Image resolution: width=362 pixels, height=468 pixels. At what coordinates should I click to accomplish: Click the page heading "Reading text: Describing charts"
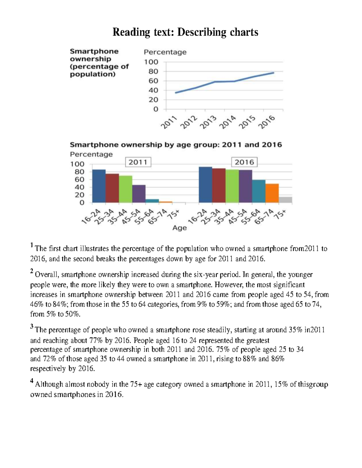[x=185, y=32]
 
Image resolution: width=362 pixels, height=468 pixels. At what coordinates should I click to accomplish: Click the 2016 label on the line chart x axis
[x=268, y=122]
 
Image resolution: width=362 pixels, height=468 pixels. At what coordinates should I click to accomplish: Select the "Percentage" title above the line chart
[x=165, y=52]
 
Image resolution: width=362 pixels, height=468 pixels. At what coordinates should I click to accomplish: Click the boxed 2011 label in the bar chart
[x=138, y=162]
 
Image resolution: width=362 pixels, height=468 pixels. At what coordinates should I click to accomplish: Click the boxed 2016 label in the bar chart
[x=244, y=162]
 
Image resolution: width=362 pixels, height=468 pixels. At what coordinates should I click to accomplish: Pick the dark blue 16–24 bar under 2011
[x=99, y=186]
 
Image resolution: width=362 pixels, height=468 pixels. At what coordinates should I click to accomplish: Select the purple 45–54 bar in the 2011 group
[x=139, y=194]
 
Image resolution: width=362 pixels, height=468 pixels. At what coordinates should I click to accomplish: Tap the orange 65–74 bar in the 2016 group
[x=272, y=193]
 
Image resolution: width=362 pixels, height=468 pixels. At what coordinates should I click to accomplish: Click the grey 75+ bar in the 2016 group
[x=285, y=200]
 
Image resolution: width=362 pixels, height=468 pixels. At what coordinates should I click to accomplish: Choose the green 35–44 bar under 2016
[x=232, y=186]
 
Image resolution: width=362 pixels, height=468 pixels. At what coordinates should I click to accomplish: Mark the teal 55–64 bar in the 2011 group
[x=152, y=201]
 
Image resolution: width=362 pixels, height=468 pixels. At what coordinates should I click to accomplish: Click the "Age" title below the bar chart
[x=179, y=228]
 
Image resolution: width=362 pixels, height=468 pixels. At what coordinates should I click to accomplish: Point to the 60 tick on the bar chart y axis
[x=80, y=180]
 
